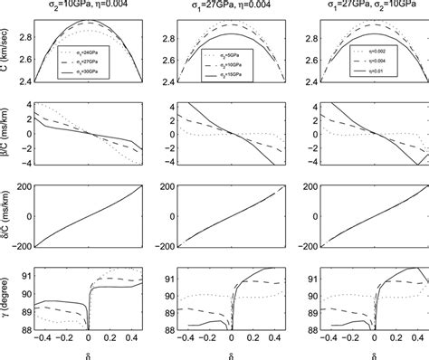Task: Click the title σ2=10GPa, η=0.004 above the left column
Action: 87,7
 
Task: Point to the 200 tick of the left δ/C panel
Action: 24,188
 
